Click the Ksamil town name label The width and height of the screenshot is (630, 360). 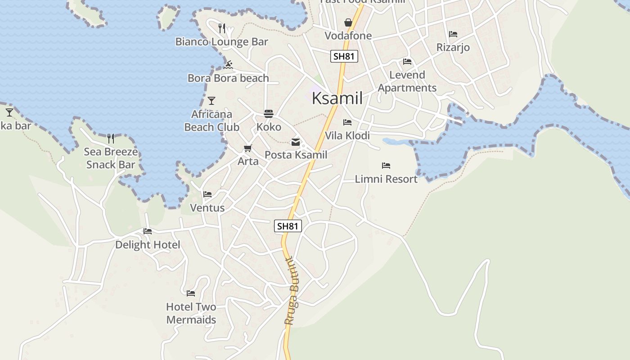(x=337, y=98)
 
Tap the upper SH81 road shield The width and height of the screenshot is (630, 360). (x=344, y=56)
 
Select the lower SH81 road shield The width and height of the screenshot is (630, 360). (x=288, y=226)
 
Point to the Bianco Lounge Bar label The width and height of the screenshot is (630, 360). (x=221, y=42)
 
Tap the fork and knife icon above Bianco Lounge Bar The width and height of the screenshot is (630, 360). (x=221, y=28)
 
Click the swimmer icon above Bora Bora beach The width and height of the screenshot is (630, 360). (x=228, y=65)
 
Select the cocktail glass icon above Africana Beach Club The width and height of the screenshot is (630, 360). (x=211, y=101)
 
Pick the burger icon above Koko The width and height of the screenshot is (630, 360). (x=269, y=114)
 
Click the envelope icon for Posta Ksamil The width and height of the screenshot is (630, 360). (x=296, y=142)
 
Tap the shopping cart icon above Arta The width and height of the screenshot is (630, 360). (x=247, y=148)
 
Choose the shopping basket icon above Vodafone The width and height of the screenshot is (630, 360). (x=348, y=22)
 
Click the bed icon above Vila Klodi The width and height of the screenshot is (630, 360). (x=347, y=122)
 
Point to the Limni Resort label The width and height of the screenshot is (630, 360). (x=386, y=179)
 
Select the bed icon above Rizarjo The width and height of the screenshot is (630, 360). (x=453, y=34)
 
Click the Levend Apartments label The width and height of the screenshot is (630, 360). (x=407, y=81)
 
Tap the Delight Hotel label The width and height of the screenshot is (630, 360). (x=148, y=245)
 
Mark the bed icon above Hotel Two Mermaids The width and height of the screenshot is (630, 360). (x=191, y=293)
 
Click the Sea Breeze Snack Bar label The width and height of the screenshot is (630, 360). (x=111, y=158)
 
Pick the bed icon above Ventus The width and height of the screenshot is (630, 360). (x=207, y=194)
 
